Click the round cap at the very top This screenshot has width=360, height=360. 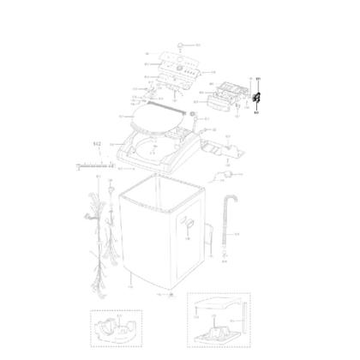click(177, 43)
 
